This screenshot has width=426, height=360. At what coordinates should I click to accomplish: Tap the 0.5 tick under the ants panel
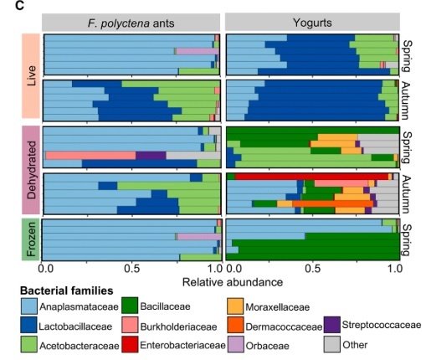pyautogui.click(x=131, y=269)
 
